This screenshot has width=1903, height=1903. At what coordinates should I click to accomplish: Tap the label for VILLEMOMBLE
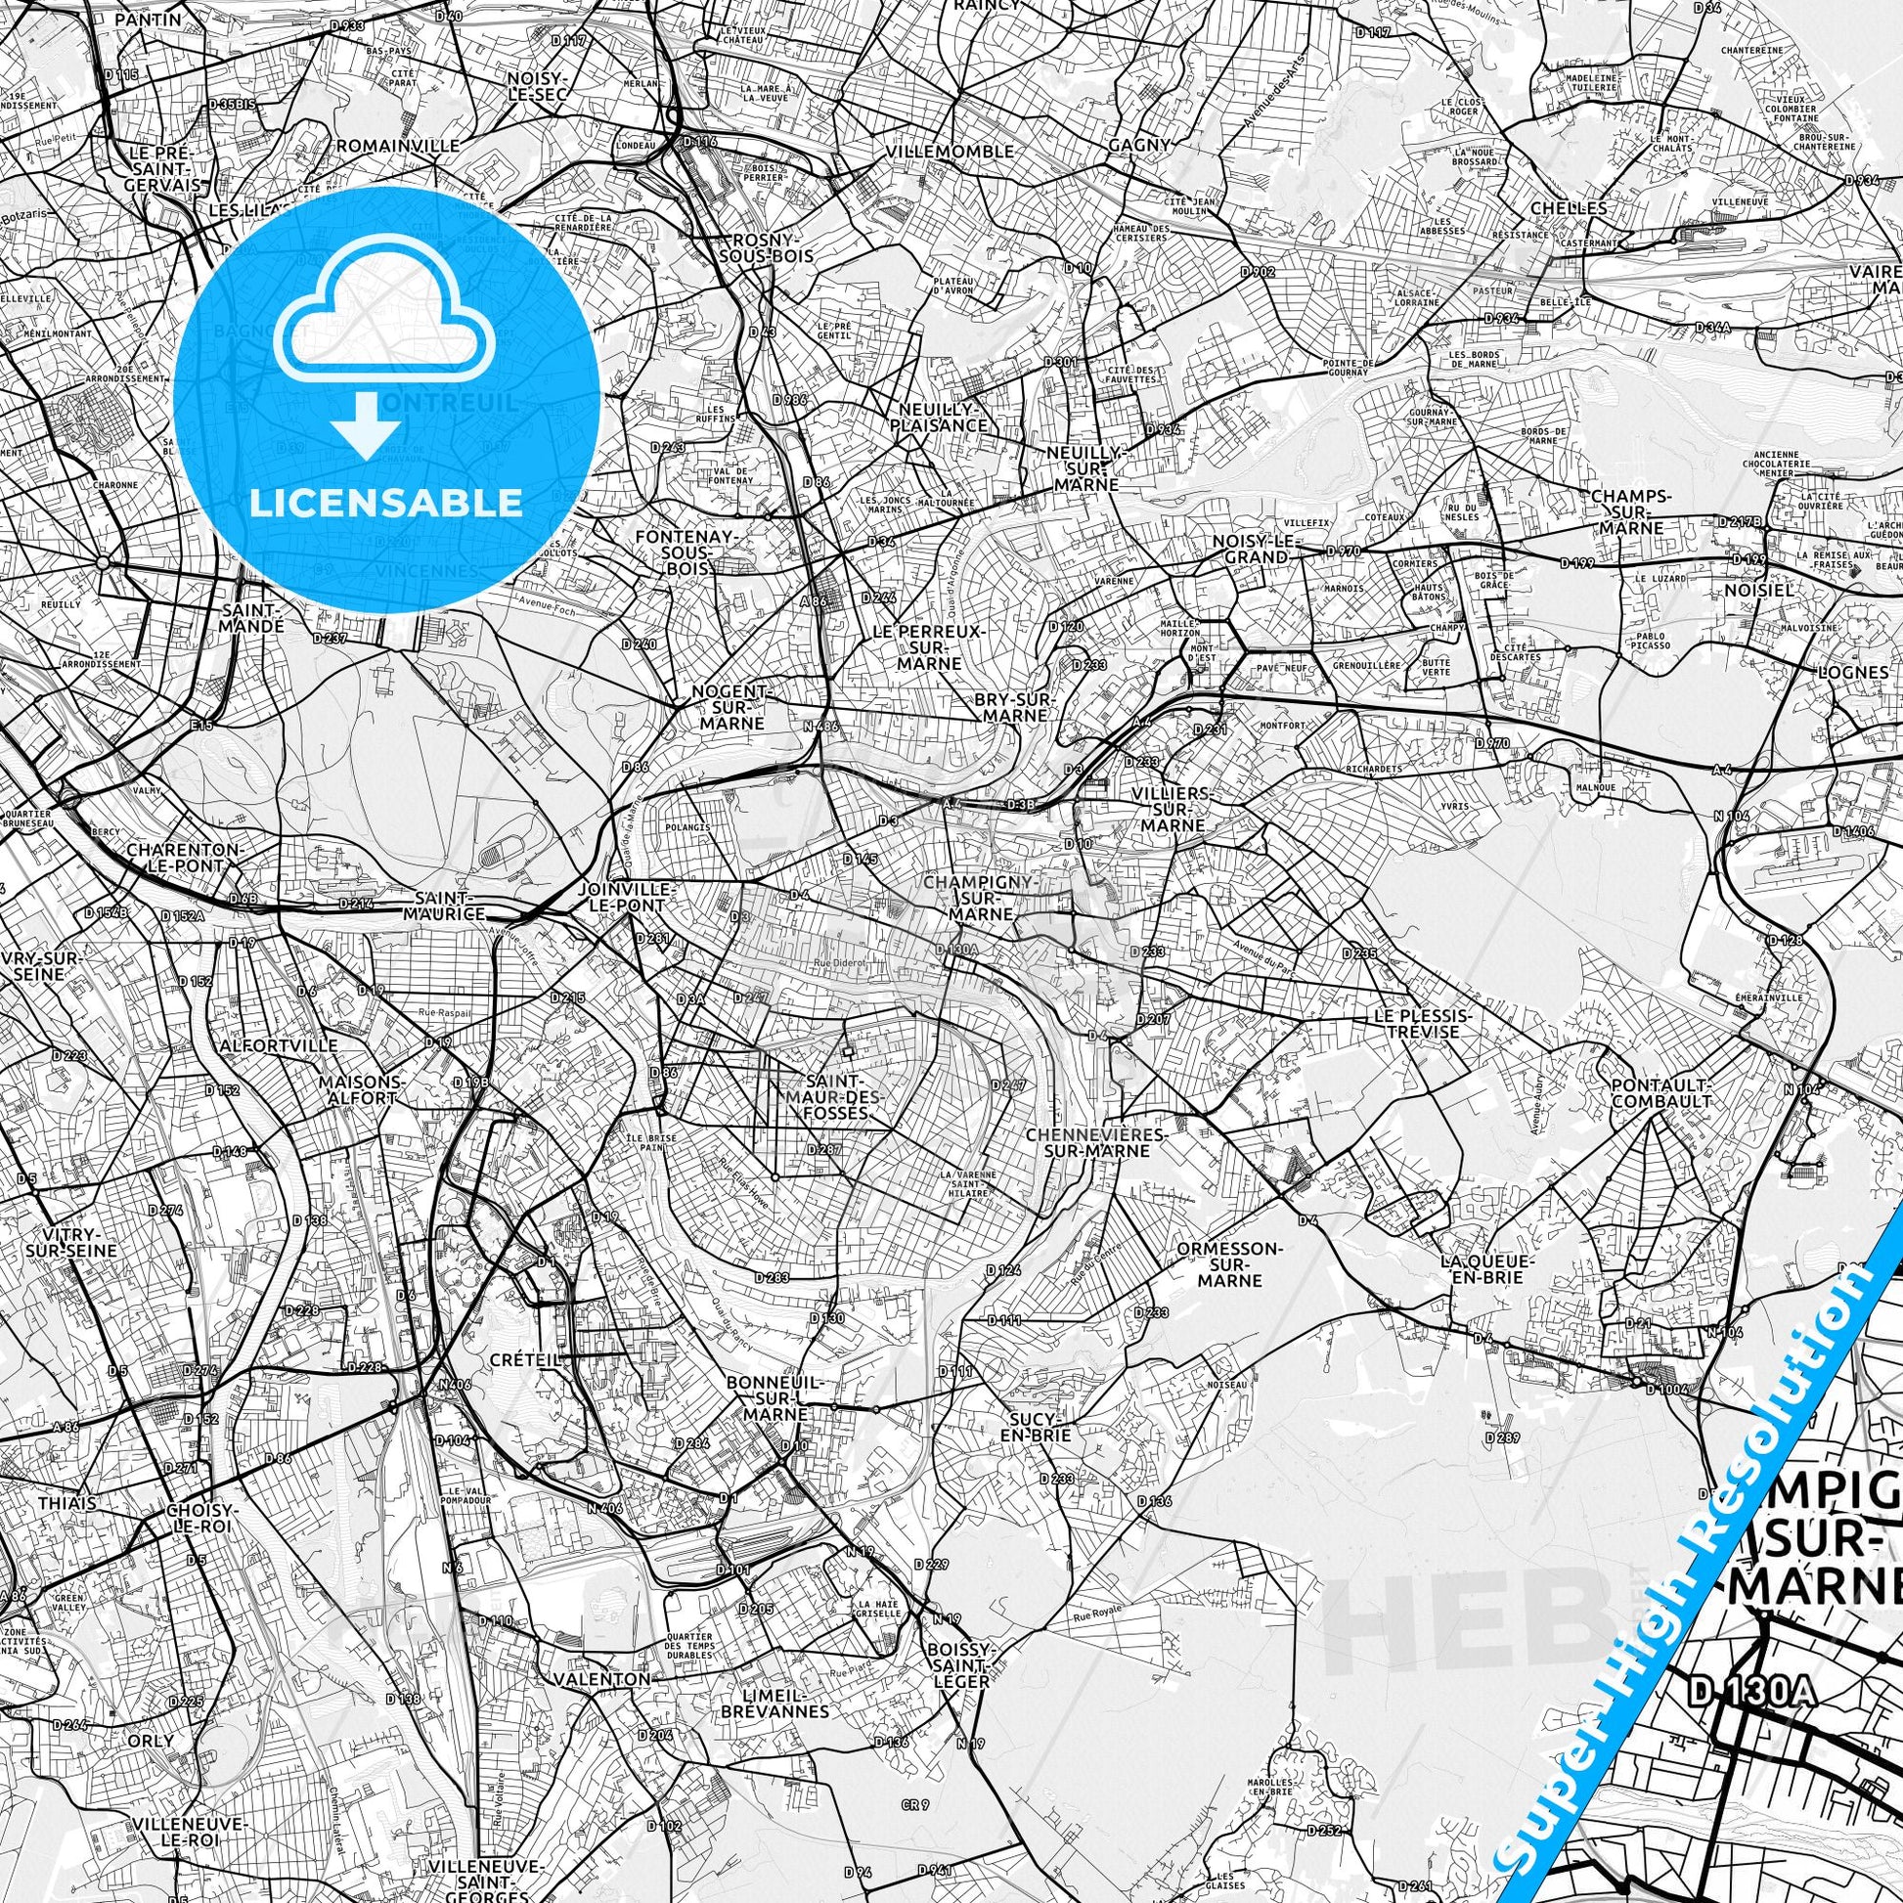coord(950,152)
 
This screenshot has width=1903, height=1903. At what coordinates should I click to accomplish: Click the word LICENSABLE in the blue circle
coord(387,503)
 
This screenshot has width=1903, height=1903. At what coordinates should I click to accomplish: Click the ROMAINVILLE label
coord(398,146)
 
